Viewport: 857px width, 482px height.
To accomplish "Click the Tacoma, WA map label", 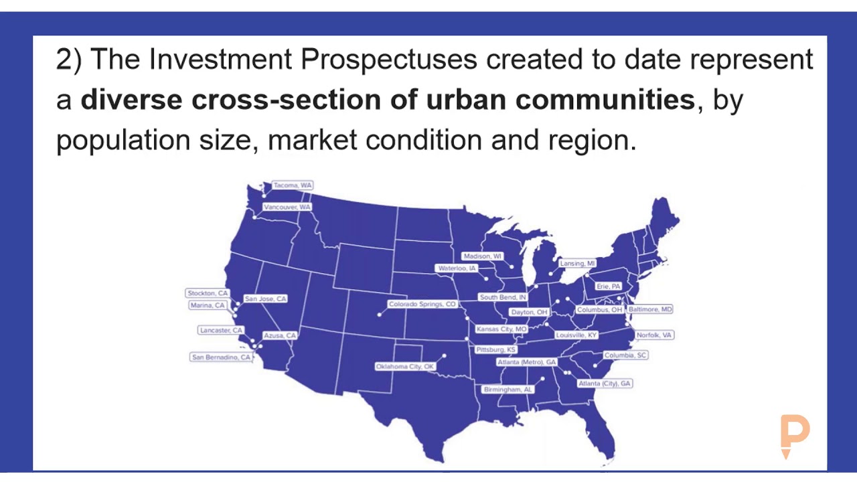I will [293, 185].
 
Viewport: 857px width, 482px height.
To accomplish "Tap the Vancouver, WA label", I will [287, 208].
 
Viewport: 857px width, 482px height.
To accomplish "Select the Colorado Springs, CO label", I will [422, 305].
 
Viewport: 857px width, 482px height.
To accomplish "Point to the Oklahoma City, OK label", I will [404, 367].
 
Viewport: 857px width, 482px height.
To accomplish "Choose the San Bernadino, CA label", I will [221, 357].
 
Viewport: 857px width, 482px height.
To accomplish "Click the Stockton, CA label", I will [208, 293].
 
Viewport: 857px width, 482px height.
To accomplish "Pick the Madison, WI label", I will [482, 256].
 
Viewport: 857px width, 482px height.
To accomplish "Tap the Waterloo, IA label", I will [457, 268].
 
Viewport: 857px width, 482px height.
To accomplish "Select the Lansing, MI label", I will [577, 264].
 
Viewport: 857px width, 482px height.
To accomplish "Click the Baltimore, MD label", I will [649, 310].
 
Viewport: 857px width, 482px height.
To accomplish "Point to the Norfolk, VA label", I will [654, 335].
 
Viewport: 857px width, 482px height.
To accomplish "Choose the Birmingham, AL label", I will [508, 390].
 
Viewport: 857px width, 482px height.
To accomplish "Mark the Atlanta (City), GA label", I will [605, 384].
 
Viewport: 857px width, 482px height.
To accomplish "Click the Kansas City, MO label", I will [501, 329].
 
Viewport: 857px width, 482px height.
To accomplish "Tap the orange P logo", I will [795, 435].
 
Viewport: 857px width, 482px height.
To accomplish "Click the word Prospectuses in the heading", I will [388, 60].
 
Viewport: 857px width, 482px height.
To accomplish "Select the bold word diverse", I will [131, 100].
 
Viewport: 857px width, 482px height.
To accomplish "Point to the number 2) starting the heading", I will [68, 60].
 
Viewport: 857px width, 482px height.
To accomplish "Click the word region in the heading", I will [589, 141].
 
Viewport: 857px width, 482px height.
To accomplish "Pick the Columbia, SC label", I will [625, 355].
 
